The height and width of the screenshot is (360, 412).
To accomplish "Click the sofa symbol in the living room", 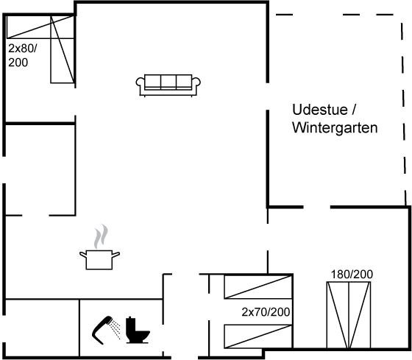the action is [168, 85].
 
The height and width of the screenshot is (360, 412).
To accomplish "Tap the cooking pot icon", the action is [99, 260].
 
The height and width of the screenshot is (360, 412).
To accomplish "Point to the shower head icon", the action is [102, 330].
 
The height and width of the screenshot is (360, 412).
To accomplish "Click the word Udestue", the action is [320, 110].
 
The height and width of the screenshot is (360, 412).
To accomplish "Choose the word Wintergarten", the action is [335, 128].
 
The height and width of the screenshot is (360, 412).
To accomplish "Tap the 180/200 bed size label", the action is [352, 275].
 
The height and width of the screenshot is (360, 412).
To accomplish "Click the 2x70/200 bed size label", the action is [266, 312].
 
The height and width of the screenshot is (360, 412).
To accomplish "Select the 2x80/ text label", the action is [23, 49].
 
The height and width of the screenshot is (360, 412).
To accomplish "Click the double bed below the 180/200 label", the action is [349, 315].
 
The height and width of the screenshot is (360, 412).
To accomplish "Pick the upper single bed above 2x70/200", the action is [258, 286].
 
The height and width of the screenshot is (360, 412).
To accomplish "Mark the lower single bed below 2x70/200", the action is [258, 337].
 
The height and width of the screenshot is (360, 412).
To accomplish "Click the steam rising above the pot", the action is [101, 236].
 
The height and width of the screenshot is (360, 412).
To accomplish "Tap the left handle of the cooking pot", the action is [83, 254].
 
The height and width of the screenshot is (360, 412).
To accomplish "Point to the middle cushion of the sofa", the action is [168, 81].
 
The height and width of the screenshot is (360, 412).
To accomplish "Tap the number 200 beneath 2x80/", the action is [18, 63].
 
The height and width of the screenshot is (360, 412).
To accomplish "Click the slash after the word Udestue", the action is [354, 110].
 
